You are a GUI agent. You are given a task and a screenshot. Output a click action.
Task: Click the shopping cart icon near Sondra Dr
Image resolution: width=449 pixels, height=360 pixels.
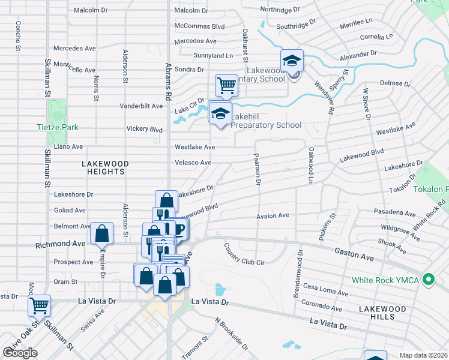(x=226, y=85)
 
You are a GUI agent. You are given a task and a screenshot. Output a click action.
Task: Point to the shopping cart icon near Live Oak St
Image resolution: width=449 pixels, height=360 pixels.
(x=39, y=305)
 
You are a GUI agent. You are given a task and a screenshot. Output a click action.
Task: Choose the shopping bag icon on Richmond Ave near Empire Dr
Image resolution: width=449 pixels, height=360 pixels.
(x=102, y=233)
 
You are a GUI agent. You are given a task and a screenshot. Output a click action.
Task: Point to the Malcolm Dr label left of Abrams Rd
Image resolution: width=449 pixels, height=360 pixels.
(x=91, y=10)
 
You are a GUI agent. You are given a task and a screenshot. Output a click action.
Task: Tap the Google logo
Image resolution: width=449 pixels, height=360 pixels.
(x=20, y=352)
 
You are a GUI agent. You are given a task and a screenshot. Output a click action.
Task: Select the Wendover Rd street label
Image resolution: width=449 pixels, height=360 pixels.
(x=324, y=96)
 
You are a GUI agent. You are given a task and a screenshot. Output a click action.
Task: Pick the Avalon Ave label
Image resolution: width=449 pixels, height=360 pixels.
(x=273, y=215)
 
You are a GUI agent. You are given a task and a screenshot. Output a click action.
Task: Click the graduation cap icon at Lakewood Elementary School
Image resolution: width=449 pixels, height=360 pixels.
(x=292, y=61)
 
